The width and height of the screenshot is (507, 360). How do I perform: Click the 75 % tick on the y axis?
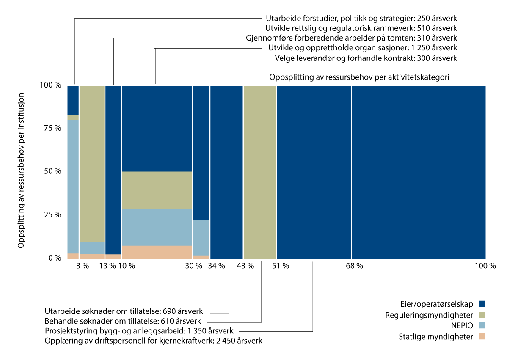[x=52, y=128]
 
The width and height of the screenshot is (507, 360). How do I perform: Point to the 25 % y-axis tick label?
[x=52, y=214]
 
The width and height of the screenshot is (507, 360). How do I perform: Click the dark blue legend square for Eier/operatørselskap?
[x=481, y=304]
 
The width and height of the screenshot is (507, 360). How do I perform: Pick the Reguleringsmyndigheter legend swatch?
[x=481, y=315]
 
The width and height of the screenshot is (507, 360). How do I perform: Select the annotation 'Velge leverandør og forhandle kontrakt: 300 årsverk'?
[x=366, y=58]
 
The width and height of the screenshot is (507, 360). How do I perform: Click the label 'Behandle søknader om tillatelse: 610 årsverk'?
[x=123, y=321]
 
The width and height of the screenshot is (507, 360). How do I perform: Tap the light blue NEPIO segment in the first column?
[x=73, y=186]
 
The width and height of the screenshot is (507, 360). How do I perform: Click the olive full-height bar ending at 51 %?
[x=260, y=171]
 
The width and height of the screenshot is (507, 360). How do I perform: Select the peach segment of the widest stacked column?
[x=157, y=252]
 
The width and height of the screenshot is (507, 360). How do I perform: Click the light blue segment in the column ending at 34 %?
[x=201, y=237]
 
